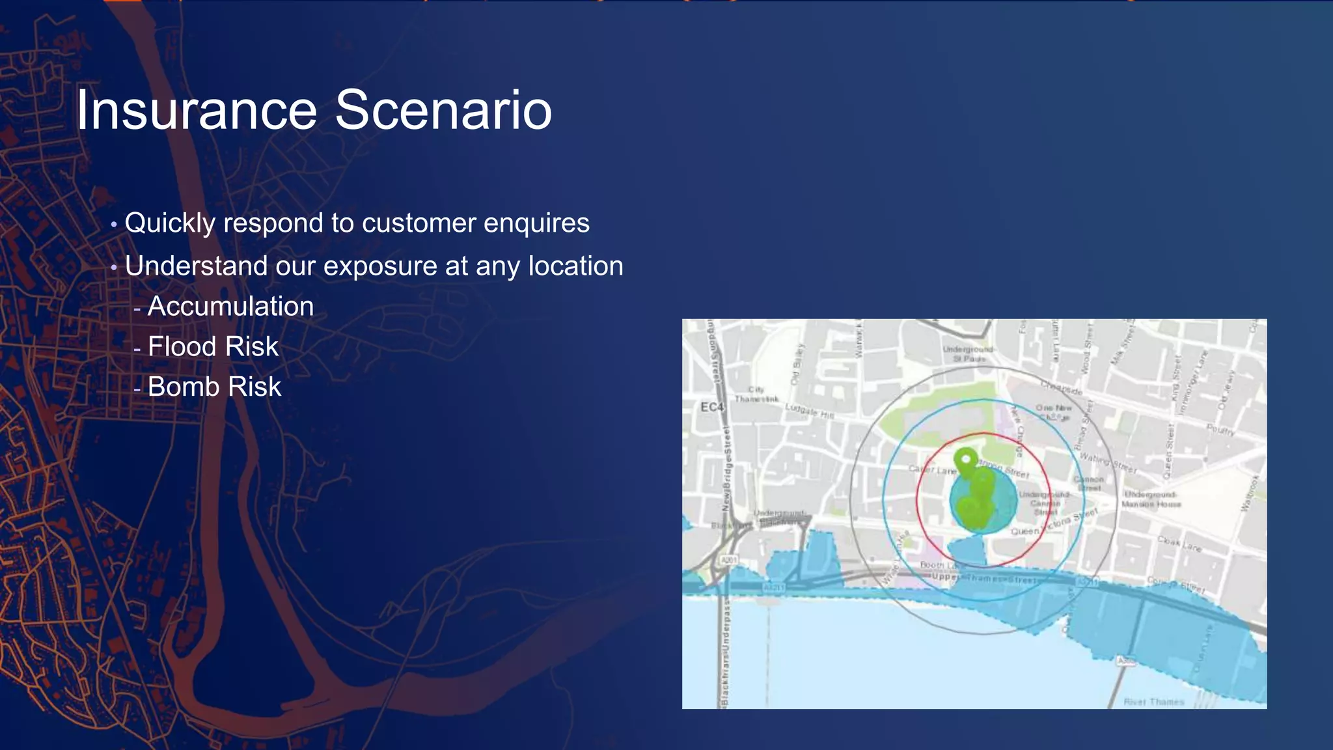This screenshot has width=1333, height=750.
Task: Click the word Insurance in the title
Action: (x=196, y=111)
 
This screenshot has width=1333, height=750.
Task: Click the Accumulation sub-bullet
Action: (x=230, y=307)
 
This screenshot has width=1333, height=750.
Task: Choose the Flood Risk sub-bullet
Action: (x=213, y=347)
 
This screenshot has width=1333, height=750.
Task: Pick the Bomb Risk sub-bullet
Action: (x=214, y=387)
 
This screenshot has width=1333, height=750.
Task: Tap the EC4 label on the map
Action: (x=711, y=407)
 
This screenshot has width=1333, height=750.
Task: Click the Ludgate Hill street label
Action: (x=809, y=411)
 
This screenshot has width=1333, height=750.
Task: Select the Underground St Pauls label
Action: (x=968, y=354)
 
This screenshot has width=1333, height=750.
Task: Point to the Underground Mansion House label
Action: (x=1150, y=499)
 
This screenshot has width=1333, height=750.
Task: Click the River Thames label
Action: (x=1153, y=702)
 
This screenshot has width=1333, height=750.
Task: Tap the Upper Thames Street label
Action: (x=983, y=577)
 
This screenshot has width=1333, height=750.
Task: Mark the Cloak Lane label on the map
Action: (x=1179, y=544)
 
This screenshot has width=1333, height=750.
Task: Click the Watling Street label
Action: (x=1108, y=464)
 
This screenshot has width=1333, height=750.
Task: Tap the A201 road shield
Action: (x=729, y=560)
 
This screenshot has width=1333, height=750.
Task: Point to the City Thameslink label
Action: (x=756, y=395)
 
